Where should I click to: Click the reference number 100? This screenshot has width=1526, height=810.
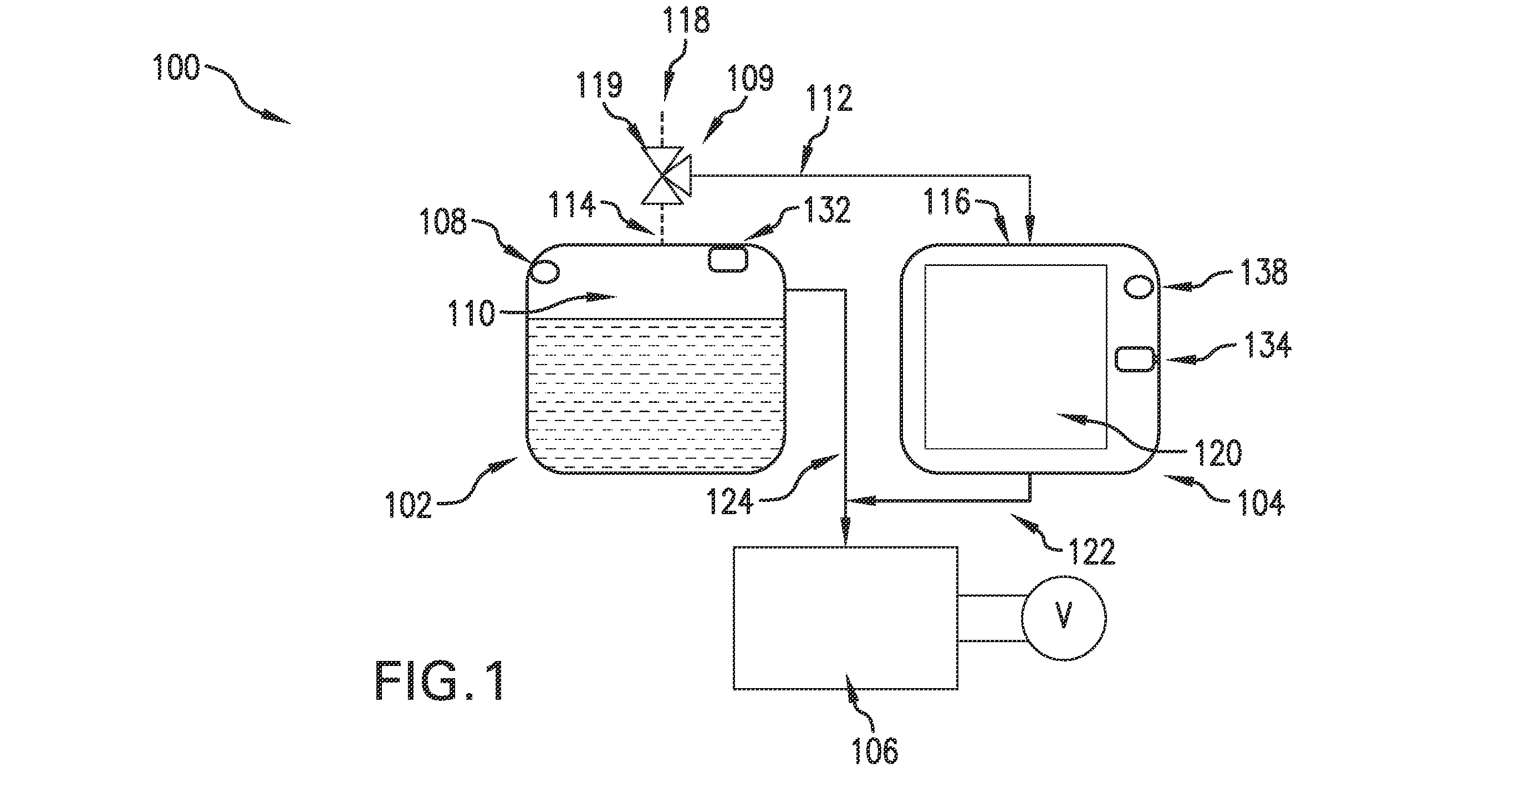[176, 67]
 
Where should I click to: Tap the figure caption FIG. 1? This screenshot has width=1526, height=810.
[440, 681]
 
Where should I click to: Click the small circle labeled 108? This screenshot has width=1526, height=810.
[544, 271]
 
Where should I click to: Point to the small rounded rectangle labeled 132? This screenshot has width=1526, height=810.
[728, 259]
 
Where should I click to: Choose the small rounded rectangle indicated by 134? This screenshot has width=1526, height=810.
[1135, 359]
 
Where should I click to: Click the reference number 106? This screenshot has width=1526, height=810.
[874, 751]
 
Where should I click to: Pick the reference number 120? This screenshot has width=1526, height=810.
[1218, 453]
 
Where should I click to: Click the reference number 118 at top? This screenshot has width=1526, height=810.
[687, 20]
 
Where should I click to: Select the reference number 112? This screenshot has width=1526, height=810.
[829, 99]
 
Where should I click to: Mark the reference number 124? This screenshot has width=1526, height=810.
[729, 502]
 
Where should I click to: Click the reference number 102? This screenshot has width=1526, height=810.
[408, 506]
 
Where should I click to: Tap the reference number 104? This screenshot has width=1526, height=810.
[1261, 502]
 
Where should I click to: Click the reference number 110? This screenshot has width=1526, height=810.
[471, 312]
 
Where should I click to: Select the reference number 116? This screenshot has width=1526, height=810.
[947, 202]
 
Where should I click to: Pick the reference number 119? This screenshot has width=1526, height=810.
[600, 85]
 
